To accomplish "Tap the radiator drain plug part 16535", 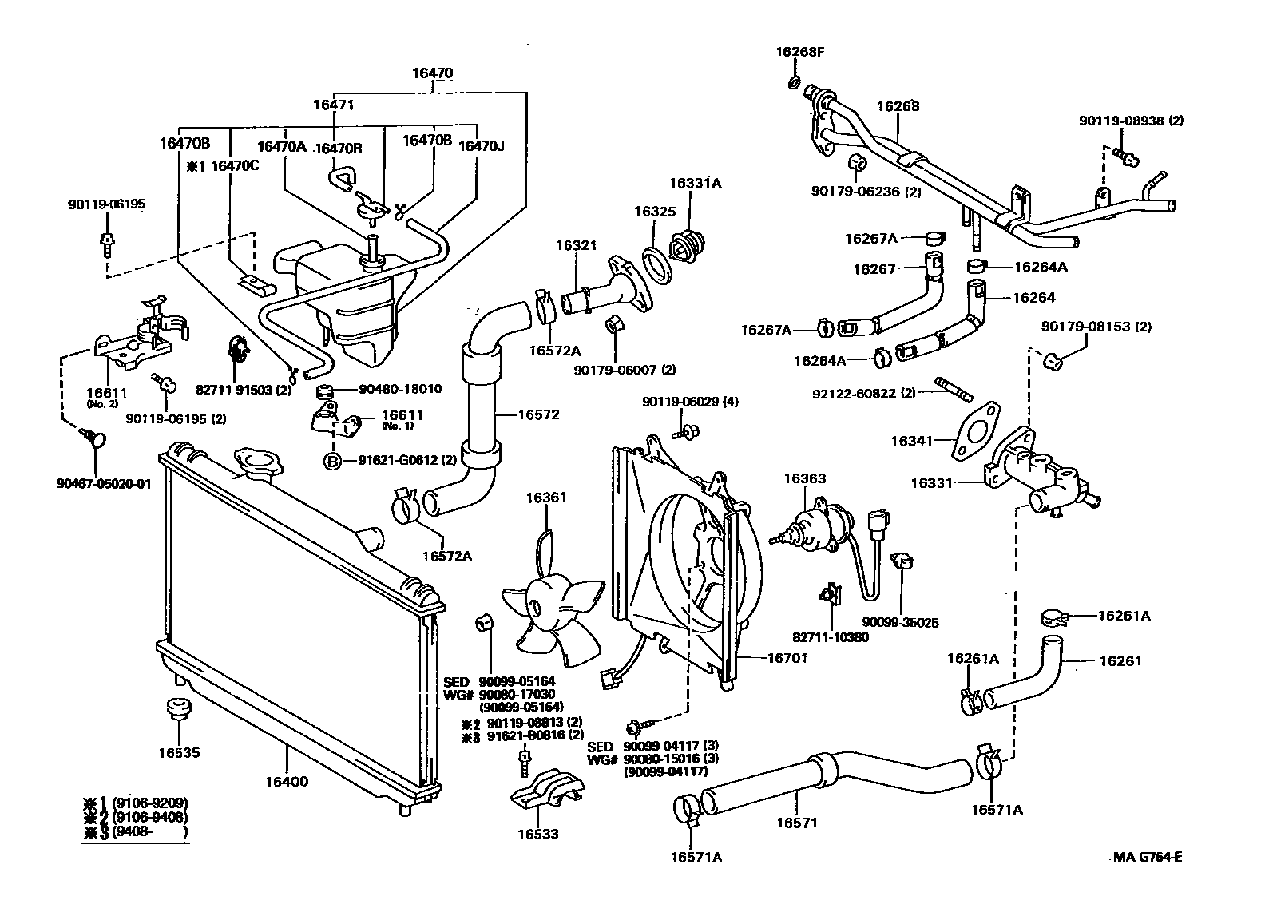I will tap(177, 709).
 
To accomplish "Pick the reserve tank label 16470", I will tap(432, 73).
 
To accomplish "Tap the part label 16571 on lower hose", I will tap(797, 822).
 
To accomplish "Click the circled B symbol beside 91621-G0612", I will tap(331, 461).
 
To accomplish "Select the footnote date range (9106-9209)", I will tap(150, 803).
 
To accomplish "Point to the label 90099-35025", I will tap(900, 622).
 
